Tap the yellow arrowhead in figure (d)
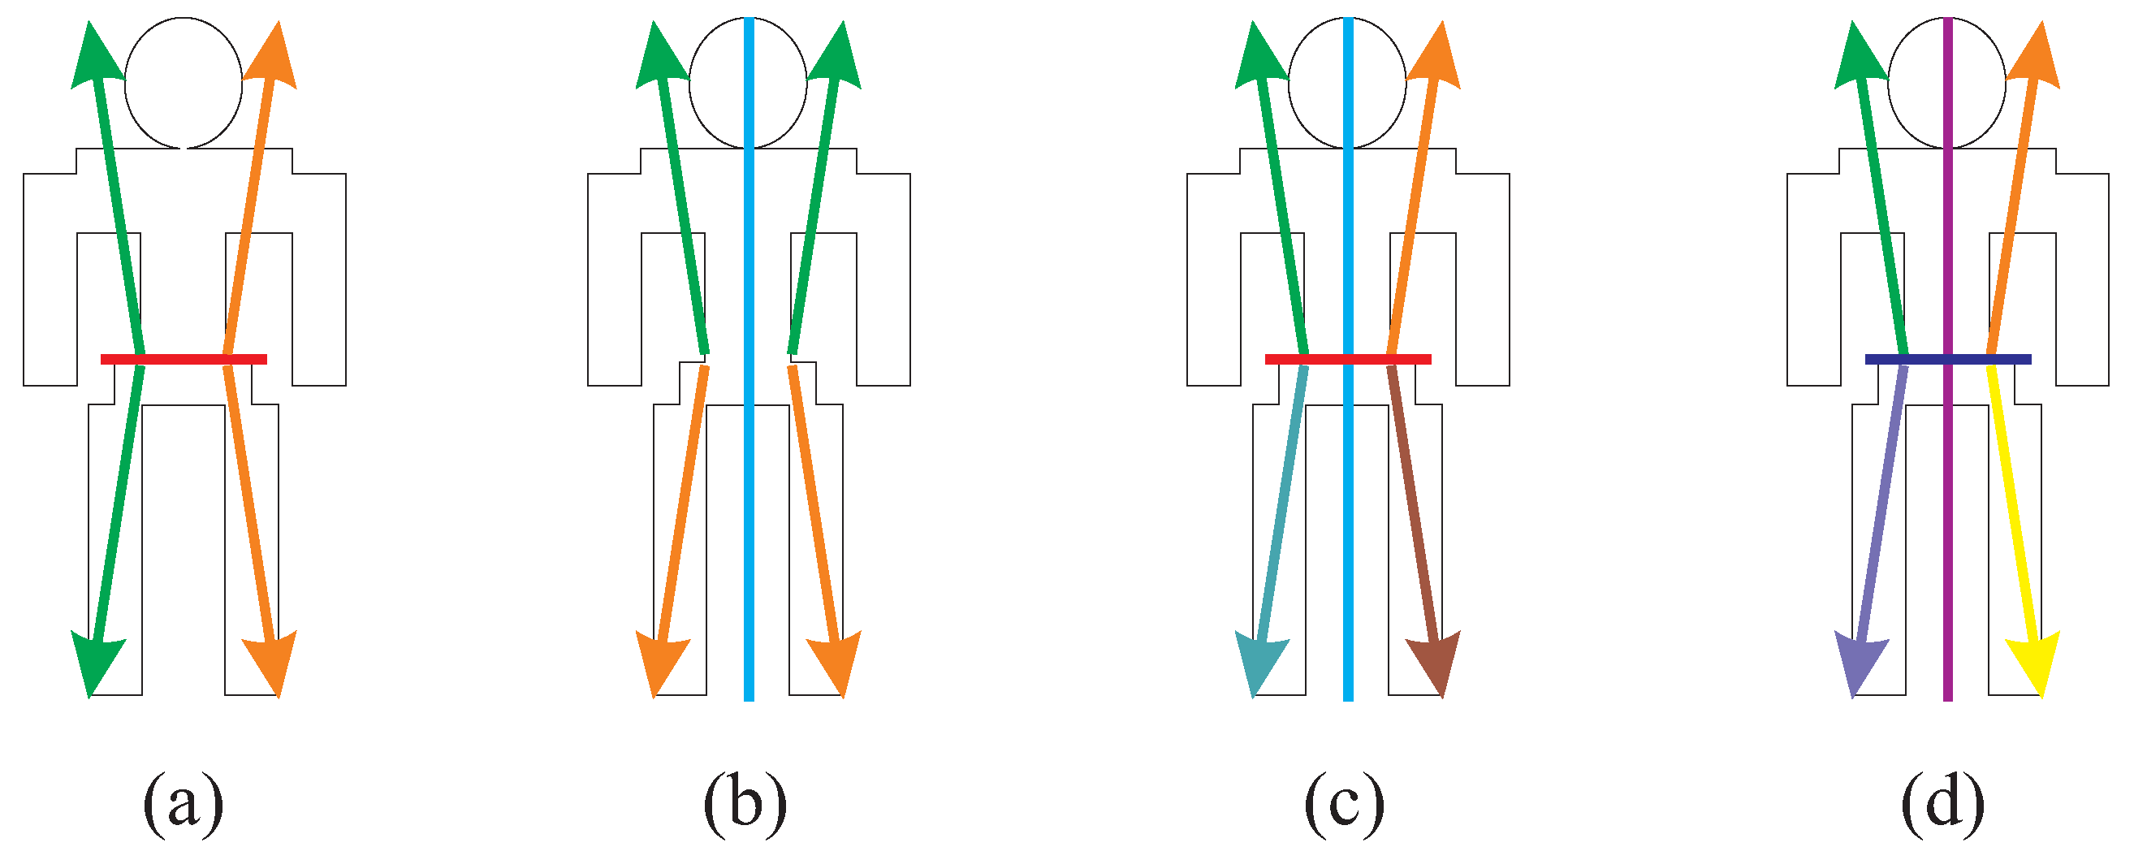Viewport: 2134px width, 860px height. [x=2035, y=663]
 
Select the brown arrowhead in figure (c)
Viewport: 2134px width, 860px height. [x=1436, y=663]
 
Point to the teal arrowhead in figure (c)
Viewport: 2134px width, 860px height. [x=1260, y=663]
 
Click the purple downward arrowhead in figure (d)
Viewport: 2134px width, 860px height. [x=1860, y=663]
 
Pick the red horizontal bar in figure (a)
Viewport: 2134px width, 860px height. [x=183, y=359]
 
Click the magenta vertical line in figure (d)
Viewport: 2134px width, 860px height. [x=1947, y=538]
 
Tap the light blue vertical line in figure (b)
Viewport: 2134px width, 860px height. [x=749, y=538]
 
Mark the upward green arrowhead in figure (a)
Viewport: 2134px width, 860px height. [x=95, y=58]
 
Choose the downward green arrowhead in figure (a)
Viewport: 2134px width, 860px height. [x=96, y=663]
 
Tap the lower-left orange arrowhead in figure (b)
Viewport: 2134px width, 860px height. [x=661, y=663]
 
